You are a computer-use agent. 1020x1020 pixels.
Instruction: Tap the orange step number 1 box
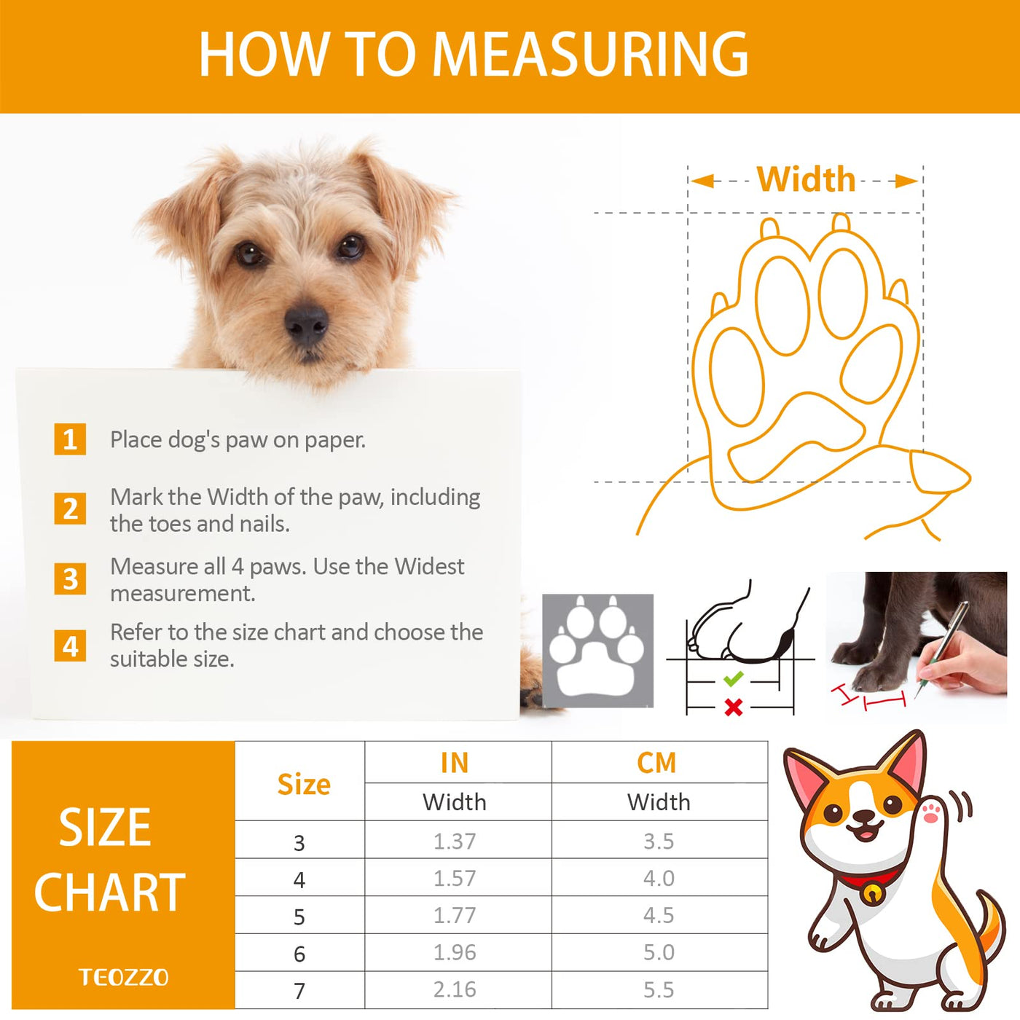pos(70,439)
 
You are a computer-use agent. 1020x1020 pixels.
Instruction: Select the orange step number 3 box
pos(70,578)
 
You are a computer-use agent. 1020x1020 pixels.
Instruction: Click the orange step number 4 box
pos(70,646)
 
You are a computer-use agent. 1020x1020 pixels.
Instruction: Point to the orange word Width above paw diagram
pos(806,179)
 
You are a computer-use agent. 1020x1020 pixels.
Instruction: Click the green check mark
pos(733,678)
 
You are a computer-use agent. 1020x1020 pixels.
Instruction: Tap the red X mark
pos(733,707)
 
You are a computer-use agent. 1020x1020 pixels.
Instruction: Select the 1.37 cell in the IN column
pos(455,841)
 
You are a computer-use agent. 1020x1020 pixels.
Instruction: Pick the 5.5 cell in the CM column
pos(659,989)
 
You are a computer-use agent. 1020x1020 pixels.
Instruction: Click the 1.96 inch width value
pos(455,952)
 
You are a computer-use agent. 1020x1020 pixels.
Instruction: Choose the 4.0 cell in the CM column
pos(659,878)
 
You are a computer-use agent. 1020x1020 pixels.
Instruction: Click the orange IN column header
pos(455,763)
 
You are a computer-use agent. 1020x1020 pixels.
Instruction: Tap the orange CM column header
pos(657,763)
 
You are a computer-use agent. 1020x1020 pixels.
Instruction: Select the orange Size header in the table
pos(304,784)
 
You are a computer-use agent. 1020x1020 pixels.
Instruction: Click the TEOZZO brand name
pos(123,977)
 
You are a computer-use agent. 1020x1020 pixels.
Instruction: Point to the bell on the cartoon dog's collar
pos(870,893)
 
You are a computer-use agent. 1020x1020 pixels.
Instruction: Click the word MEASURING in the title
pos(591,54)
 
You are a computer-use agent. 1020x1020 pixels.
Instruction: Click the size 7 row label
pos(299,990)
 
